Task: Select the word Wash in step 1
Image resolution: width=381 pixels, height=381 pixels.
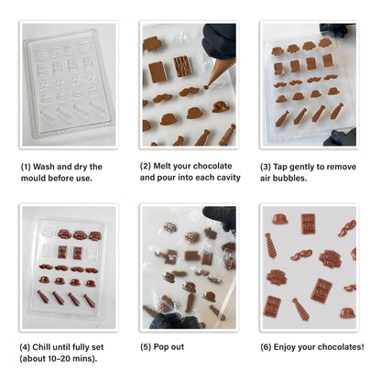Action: pos(49,166)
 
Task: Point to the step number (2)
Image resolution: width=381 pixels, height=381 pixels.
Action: pos(147,166)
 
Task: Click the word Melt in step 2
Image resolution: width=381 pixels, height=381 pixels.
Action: pos(169,166)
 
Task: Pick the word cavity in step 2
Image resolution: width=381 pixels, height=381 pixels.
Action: pos(225,177)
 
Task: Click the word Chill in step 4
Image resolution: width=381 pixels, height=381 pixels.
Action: pos(49,347)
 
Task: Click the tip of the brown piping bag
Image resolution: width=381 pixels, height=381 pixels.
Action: pos(208,85)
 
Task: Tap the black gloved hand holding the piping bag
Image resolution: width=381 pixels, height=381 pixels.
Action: pos(220,38)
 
